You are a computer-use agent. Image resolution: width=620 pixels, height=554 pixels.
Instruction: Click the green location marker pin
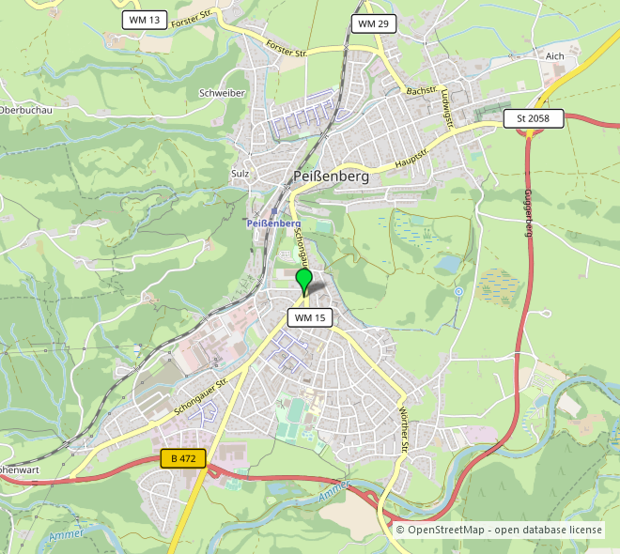(x=303, y=280)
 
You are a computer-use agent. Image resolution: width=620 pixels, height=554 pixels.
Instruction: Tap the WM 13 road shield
(x=145, y=20)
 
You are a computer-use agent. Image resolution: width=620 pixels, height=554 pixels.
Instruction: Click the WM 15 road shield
(x=310, y=318)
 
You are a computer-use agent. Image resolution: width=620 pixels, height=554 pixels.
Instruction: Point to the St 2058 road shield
(x=534, y=118)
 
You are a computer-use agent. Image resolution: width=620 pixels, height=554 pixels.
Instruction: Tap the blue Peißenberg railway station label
(x=273, y=224)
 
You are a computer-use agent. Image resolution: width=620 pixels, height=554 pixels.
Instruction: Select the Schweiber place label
(x=223, y=93)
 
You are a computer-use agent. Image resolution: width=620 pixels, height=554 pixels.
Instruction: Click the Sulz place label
(x=240, y=174)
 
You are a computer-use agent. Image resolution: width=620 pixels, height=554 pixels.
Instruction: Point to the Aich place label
(x=554, y=56)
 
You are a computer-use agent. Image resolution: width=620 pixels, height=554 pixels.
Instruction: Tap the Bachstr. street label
(x=422, y=90)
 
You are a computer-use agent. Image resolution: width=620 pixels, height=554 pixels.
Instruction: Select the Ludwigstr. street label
(x=460, y=108)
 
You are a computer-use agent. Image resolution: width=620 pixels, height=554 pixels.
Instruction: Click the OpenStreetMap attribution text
(x=499, y=531)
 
